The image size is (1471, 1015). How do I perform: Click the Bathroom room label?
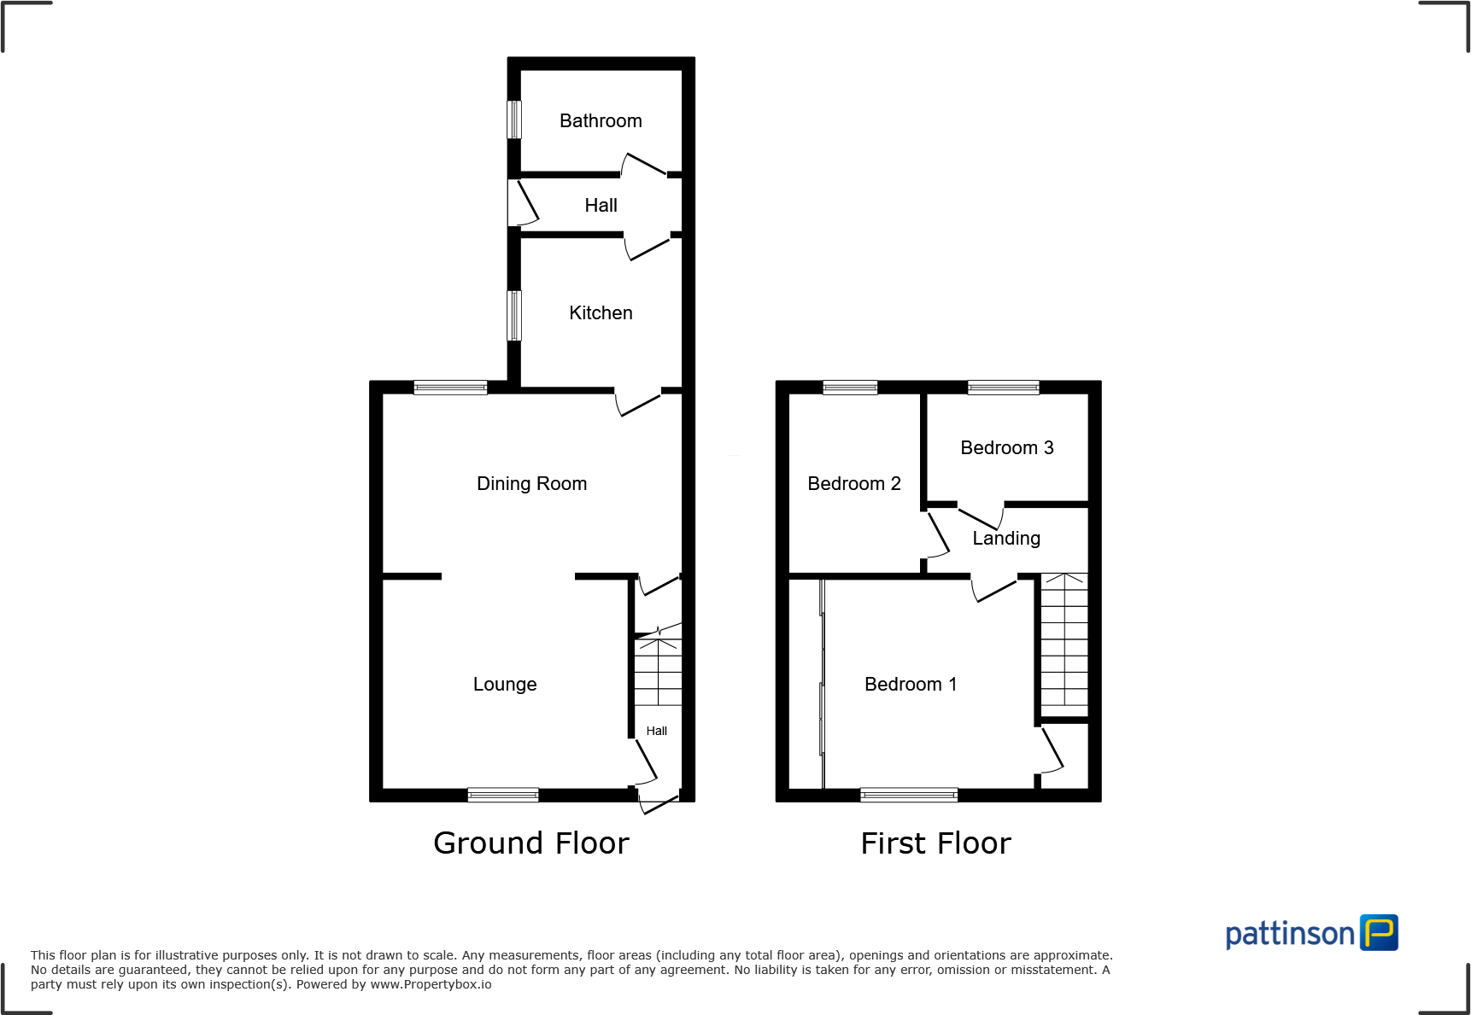click(601, 121)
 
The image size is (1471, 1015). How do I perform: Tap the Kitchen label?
click(601, 313)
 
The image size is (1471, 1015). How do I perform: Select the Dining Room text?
click(531, 484)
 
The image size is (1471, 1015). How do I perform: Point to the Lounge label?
click(505, 685)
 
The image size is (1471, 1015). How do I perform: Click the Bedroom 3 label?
click(1006, 448)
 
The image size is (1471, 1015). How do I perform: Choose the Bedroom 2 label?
click(853, 484)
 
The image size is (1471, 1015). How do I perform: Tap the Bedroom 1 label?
click(910, 685)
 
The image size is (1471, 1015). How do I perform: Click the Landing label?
click(1006, 539)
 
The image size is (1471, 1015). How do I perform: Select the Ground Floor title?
click(530, 843)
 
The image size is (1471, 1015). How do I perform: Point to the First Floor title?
click(935, 843)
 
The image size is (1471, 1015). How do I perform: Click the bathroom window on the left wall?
click(514, 120)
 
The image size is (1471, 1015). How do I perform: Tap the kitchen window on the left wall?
click(514, 316)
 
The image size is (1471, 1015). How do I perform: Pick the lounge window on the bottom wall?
click(503, 795)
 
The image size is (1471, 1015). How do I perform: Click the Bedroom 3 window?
click(1003, 388)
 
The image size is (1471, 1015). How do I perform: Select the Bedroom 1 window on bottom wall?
click(909, 795)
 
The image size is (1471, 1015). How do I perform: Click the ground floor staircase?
click(658, 672)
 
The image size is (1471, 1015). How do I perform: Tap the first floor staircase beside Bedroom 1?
click(1064, 645)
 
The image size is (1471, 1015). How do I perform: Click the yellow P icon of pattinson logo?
click(1379, 932)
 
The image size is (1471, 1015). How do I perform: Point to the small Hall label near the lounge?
click(656, 731)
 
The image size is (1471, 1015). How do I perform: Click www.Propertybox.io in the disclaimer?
click(431, 984)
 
